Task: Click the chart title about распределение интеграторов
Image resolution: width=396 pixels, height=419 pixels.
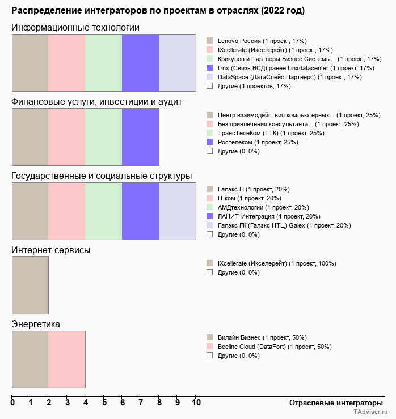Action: pyautogui.click(x=158, y=11)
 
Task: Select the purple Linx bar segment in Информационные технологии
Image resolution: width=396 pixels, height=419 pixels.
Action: pyautogui.click(x=140, y=62)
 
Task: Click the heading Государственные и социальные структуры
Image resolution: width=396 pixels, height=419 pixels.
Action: pyautogui.click(x=102, y=176)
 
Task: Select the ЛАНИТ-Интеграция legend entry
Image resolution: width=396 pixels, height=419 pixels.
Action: pyautogui.click(x=269, y=216)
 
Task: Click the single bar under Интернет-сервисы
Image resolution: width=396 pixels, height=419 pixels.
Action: pyautogui.click(x=30, y=285)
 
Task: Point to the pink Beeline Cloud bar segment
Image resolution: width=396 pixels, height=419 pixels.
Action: pyautogui.click(x=66, y=359)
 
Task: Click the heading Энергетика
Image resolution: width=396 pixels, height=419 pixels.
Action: pyautogui.click(x=36, y=324)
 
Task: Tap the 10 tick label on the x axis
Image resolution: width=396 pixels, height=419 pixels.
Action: pyautogui.click(x=196, y=403)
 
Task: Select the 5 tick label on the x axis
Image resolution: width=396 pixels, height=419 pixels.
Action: pyautogui.click(x=104, y=403)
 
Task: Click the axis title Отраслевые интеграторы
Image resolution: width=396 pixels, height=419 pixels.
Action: pyautogui.click(x=332, y=403)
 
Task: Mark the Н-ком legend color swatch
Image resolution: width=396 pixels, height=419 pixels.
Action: pyautogui.click(x=209, y=198)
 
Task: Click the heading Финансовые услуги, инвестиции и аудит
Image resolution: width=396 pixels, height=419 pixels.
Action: pyautogui.click(x=96, y=102)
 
